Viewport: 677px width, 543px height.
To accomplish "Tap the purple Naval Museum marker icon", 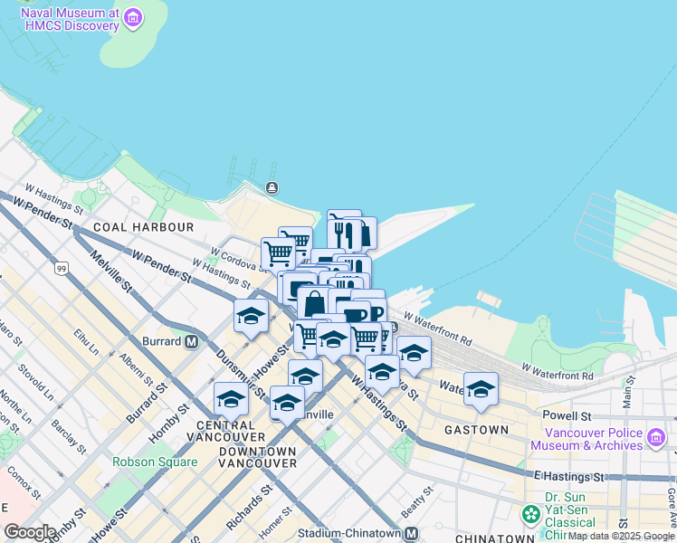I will [x=133, y=17].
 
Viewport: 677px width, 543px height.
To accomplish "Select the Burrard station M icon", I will [x=191, y=341].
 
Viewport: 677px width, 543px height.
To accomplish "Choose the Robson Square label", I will [x=155, y=462].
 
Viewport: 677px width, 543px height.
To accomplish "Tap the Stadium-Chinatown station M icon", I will [x=410, y=533].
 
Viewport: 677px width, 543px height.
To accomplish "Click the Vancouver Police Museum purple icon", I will [x=657, y=438].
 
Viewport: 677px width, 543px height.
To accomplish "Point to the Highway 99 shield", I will [x=61, y=269].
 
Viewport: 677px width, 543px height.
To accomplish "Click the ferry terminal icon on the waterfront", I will [x=272, y=187].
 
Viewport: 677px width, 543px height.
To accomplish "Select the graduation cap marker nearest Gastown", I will [x=481, y=388].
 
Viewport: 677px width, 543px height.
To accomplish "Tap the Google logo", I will [x=31, y=532].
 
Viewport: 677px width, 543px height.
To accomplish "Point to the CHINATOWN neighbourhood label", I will [x=489, y=538].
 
